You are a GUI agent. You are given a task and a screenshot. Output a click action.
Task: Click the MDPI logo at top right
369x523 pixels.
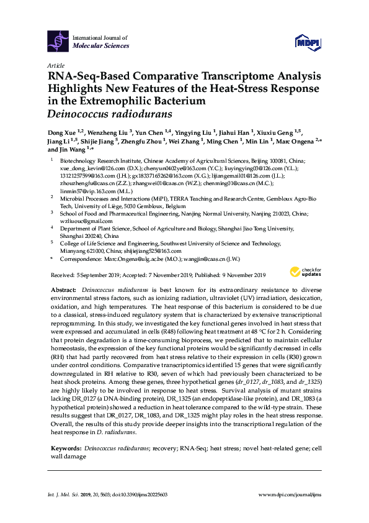(307, 42)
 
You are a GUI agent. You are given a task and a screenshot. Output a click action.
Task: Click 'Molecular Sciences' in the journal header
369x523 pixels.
(101, 46)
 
